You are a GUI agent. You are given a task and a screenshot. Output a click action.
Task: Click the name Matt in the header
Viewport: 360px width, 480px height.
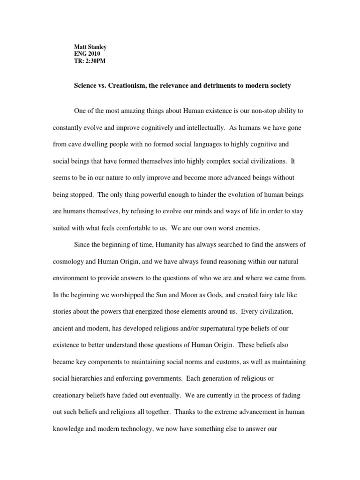tap(81, 47)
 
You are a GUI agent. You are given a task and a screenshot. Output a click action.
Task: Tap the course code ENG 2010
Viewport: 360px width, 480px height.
tap(87, 54)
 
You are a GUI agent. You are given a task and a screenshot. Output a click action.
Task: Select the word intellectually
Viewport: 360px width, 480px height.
tap(232, 128)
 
